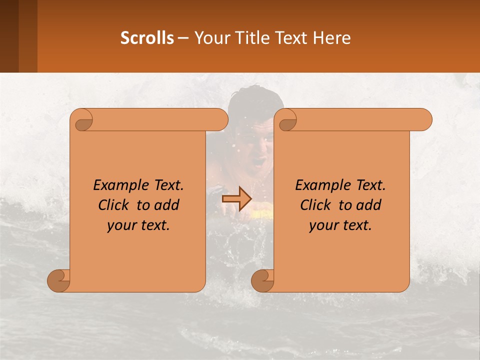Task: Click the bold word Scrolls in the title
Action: (x=147, y=37)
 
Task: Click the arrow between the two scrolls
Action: (x=236, y=198)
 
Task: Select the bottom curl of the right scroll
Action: (x=263, y=280)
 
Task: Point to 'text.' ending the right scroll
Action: (x=358, y=225)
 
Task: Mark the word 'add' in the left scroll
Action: (x=167, y=205)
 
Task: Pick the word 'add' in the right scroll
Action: (x=369, y=205)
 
